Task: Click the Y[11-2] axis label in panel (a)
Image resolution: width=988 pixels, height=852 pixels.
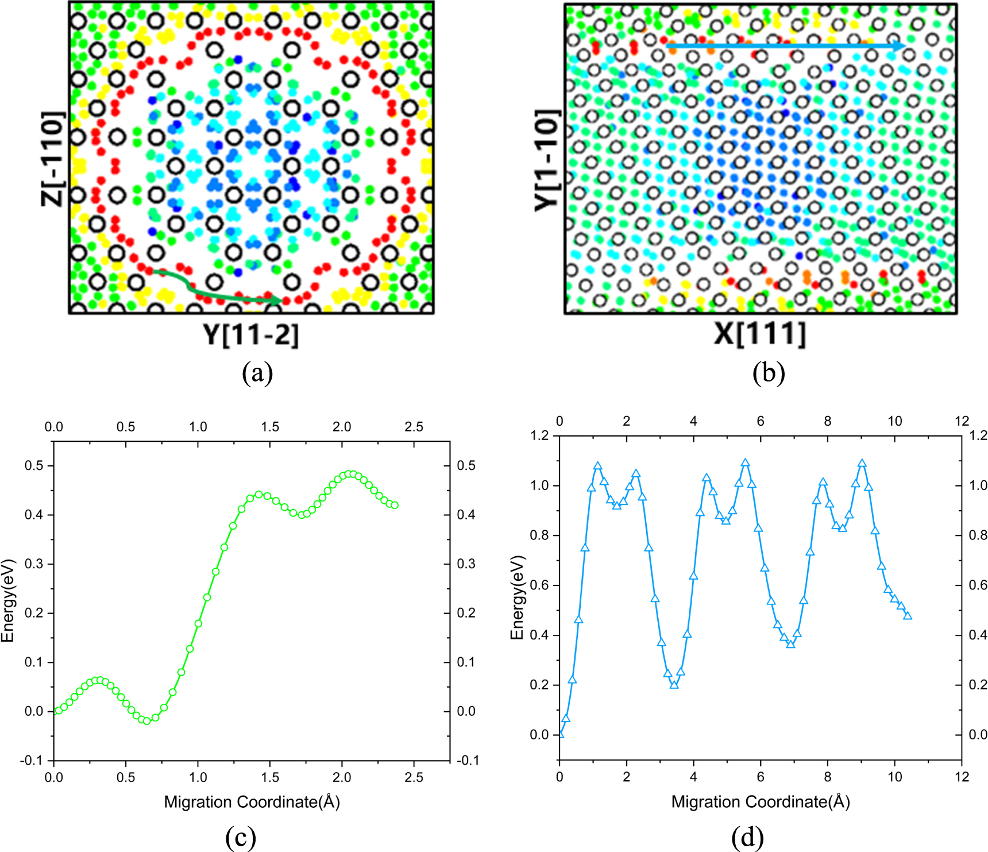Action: click(x=251, y=334)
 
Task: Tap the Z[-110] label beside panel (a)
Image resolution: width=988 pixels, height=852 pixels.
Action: click(x=52, y=159)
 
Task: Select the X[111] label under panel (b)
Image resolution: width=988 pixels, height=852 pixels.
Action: click(x=759, y=334)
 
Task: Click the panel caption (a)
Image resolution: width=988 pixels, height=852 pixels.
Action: click(x=257, y=373)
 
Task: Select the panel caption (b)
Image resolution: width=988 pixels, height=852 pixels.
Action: click(x=769, y=373)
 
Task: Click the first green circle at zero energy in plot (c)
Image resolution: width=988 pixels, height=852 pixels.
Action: click(x=58, y=711)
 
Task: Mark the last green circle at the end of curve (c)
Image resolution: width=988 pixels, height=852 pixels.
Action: click(x=395, y=506)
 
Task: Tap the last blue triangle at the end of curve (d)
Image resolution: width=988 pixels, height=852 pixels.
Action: click(x=908, y=616)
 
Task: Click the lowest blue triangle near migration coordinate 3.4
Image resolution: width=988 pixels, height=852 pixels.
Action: click(x=674, y=684)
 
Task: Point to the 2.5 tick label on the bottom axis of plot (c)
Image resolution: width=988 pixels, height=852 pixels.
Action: click(x=414, y=777)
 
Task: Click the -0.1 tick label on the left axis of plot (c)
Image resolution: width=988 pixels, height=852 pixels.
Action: click(x=32, y=761)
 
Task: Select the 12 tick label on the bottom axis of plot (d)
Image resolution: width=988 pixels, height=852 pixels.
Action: click(x=962, y=777)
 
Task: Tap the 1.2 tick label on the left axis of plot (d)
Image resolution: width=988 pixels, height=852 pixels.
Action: click(x=539, y=435)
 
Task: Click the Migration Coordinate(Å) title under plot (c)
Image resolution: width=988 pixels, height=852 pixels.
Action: click(x=252, y=802)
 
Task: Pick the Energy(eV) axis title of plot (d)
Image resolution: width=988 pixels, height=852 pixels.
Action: click(x=518, y=597)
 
